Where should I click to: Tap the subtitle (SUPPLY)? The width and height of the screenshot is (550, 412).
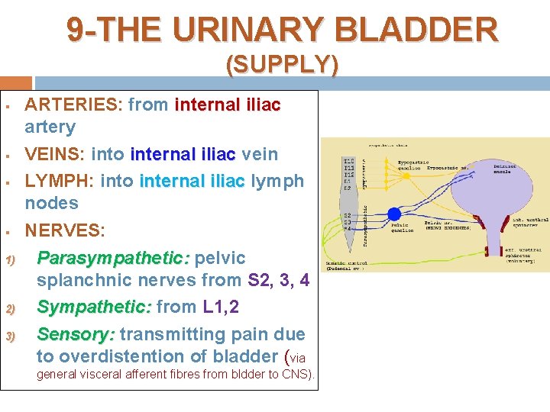click(x=282, y=66)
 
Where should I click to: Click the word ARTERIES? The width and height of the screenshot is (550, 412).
click(x=73, y=105)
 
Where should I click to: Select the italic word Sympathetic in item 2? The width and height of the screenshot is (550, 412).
click(x=95, y=307)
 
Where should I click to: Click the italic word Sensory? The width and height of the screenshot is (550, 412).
click(x=76, y=334)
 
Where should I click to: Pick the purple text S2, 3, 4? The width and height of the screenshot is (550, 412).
click(x=279, y=280)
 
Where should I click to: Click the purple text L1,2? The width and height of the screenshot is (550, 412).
click(x=221, y=307)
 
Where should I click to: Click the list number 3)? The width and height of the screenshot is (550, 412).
click(x=11, y=335)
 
